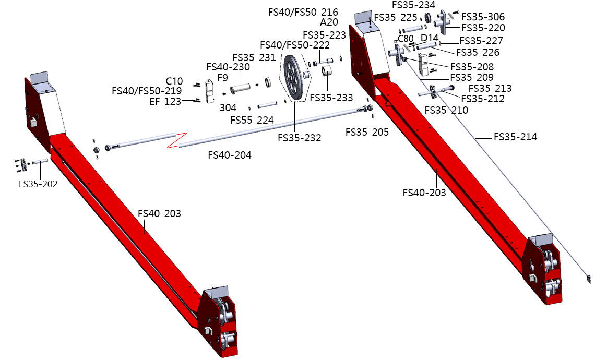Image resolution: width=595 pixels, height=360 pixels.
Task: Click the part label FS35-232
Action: point(299,138)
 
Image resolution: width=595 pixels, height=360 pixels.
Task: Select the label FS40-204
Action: point(229,155)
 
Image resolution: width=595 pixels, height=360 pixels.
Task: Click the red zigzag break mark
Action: point(175,140)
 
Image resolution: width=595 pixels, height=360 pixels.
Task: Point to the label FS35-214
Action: point(515,138)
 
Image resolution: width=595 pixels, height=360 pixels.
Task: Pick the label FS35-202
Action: point(38,184)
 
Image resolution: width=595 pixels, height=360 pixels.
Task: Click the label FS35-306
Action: point(483,17)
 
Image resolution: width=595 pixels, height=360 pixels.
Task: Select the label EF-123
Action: point(165,102)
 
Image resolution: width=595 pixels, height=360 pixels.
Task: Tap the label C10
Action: point(174,81)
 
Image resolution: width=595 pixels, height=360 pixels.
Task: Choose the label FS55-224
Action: point(252,120)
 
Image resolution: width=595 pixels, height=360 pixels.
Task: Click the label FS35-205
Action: point(367,133)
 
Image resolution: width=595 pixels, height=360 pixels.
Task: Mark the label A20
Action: point(329,22)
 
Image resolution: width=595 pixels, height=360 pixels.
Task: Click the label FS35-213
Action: point(490,88)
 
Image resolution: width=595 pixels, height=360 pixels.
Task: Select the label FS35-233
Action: point(331,98)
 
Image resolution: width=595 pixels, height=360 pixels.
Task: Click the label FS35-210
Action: point(446,110)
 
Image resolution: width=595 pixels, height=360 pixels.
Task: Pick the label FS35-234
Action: point(413,5)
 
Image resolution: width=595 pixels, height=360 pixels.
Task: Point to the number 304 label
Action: point(228,107)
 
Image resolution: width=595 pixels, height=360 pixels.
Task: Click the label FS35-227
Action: point(481,41)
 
